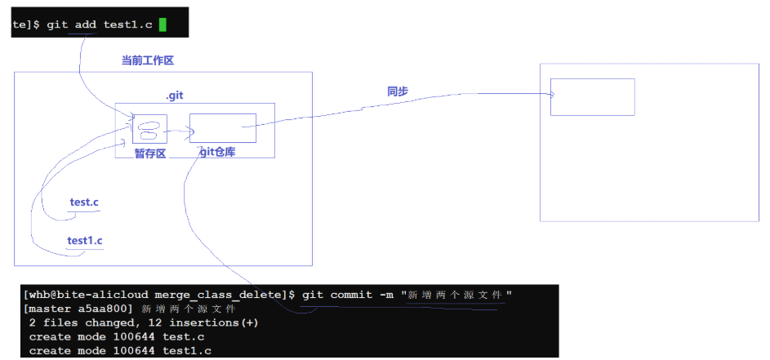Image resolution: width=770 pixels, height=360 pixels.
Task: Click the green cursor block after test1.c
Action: click(162, 24)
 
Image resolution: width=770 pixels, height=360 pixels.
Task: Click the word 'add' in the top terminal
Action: click(86, 24)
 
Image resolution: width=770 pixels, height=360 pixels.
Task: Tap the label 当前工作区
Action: click(148, 60)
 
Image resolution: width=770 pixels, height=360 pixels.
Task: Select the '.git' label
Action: click(175, 96)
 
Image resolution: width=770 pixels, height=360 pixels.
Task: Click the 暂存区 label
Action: click(150, 153)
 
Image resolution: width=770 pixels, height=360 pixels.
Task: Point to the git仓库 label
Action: click(216, 152)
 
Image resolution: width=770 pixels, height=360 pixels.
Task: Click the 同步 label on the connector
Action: click(398, 91)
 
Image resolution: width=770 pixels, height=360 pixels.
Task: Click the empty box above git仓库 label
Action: click(222, 127)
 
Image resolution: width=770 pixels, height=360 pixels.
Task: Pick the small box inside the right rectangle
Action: click(592, 96)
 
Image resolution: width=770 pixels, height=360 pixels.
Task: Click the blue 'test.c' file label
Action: click(85, 202)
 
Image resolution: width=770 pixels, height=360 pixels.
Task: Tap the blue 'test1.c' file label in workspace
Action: click(85, 241)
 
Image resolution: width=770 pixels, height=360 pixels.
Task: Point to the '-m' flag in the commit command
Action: click(388, 294)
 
